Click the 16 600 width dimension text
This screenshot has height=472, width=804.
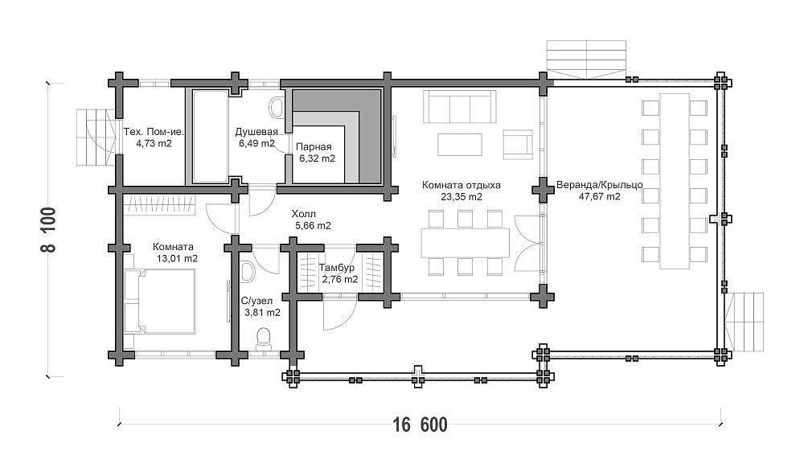coord(420,425)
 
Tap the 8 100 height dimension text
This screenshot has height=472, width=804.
coord(48,229)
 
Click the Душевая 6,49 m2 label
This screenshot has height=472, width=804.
coord(257,137)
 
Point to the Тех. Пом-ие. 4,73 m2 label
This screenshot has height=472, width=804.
coord(154,137)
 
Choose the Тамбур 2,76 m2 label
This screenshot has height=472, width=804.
coord(338,273)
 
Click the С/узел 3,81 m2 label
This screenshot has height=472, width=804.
coord(260,306)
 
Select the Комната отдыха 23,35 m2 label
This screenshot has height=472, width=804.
coord(461,191)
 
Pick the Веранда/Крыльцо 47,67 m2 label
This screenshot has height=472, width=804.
coord(600,191)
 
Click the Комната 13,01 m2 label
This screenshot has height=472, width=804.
coord(176,252)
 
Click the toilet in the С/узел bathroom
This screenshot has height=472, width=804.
coord(264,339)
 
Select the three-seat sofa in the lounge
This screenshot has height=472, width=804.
coord(459,107)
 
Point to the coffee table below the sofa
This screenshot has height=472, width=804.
coord(460,144)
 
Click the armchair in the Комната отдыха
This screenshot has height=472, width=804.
coord(519,144)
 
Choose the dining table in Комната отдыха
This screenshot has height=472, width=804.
coord(465,243)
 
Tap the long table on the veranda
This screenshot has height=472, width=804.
coord(675,181)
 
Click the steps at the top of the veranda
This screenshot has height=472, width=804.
coord(587,60)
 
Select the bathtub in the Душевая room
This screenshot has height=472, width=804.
coord(210,137)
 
